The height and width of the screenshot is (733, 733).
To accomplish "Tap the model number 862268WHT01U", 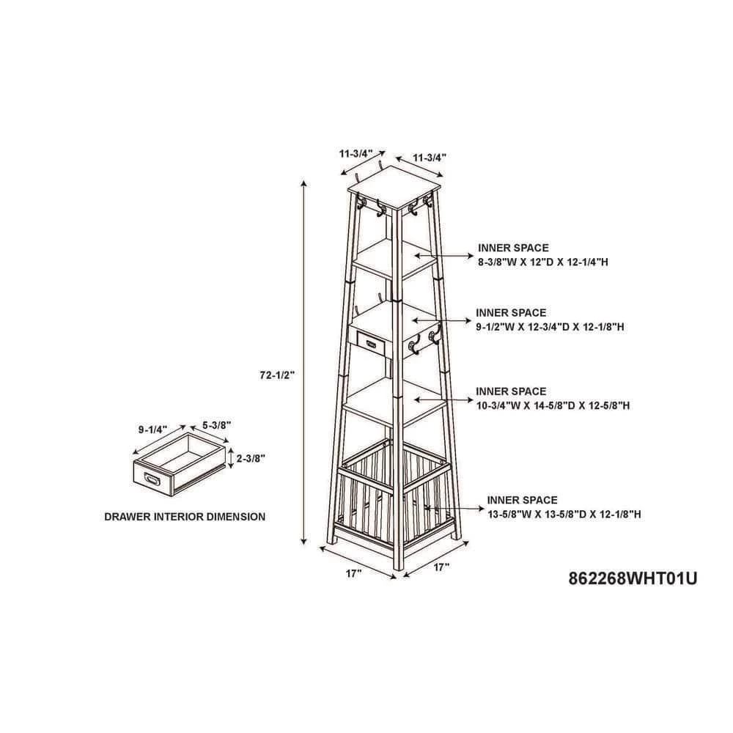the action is [x=633, y=579].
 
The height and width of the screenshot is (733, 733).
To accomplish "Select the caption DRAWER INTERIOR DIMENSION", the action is [x=185, y=517].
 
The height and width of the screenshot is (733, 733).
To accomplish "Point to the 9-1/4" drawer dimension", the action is [x=152, y=430].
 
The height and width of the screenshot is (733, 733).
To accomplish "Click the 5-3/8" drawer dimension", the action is [x=217, y=425].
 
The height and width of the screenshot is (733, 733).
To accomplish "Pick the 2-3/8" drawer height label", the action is [x=251, y=459].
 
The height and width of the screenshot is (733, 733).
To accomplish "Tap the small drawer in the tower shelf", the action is [x=370, y=344].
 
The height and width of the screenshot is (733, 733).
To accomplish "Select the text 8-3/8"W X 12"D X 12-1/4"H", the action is [x=542, y=262].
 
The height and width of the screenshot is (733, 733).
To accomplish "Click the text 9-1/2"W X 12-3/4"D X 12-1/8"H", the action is [x=550, y=327].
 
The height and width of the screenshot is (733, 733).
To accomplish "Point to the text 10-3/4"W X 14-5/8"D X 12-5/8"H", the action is [x=553, y=405].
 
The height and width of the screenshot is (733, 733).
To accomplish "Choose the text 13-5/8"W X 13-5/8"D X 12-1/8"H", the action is [x=564, y=515].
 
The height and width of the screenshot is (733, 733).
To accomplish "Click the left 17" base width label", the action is [x=354, y=573].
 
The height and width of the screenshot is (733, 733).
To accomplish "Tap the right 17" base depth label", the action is [x=441, y=567].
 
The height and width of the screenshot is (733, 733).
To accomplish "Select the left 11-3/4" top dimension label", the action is [x=356, y=153].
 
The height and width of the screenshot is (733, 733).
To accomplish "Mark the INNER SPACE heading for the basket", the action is [x=522, y=500].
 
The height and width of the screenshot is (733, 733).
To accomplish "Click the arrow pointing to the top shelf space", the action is [x=444, y=256].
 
